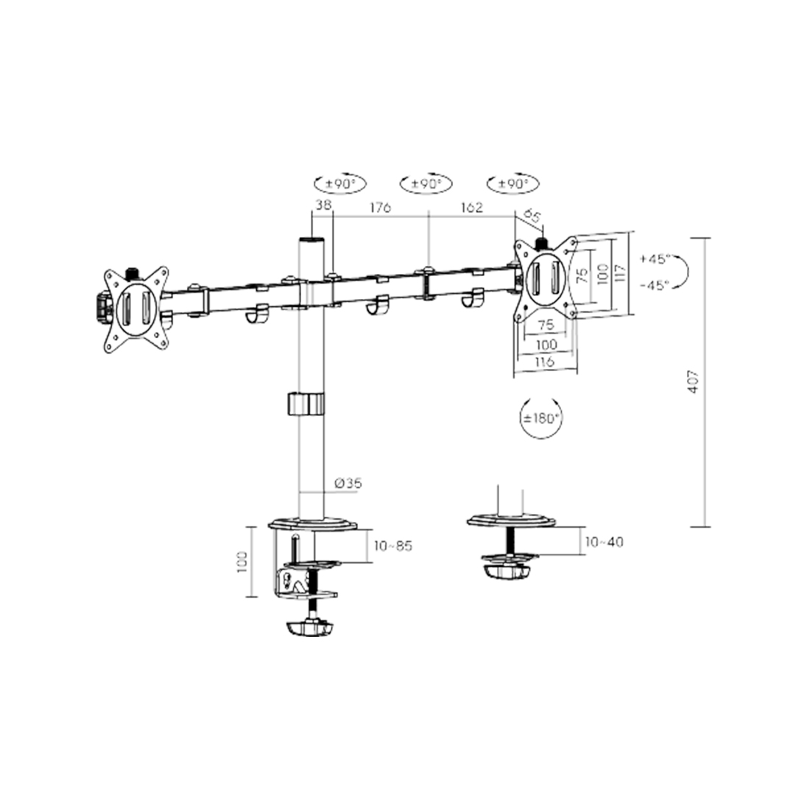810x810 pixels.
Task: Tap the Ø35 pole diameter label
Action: pos(348,484)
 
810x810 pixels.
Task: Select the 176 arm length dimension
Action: pos(380,208)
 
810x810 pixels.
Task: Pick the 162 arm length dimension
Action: pos(471,207)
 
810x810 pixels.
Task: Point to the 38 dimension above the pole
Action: pos(323,205)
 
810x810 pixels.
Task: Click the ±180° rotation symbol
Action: pos(541,418)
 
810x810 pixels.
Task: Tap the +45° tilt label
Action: pos(655,258)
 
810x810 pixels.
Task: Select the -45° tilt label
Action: pos(655,285)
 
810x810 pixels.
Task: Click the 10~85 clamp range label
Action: pos(393,546)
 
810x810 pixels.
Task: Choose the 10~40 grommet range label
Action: pos(605,542)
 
